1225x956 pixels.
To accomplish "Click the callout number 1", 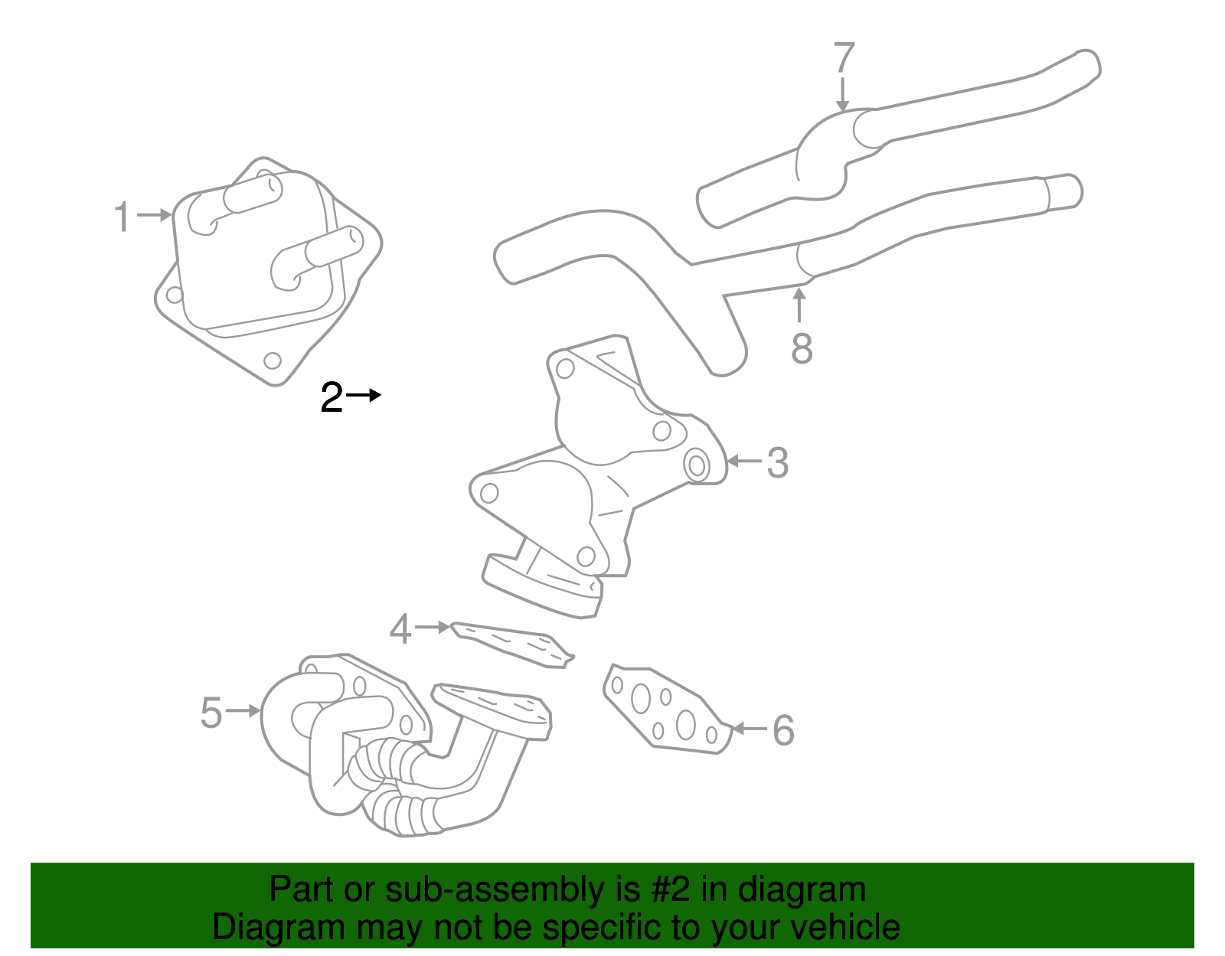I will click(122, 217).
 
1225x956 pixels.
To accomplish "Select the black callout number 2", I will click(332, 398).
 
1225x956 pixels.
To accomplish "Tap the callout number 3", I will click(777, 462).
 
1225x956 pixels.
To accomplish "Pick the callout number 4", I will click(400, 629).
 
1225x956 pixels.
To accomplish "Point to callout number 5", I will click(211, 713).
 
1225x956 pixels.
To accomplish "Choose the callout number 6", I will click(782, 730).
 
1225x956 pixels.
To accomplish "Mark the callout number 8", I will click(802, 349).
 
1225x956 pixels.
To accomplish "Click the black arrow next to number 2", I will click(364, 396).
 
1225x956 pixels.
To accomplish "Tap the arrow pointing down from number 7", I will click(843, 95).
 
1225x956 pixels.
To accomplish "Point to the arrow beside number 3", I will click(743, 461).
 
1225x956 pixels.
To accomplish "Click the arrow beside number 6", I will click(750, 728).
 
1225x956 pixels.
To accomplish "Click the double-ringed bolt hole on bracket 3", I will click(697, 465).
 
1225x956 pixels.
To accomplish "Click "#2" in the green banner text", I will click(671, 890).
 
